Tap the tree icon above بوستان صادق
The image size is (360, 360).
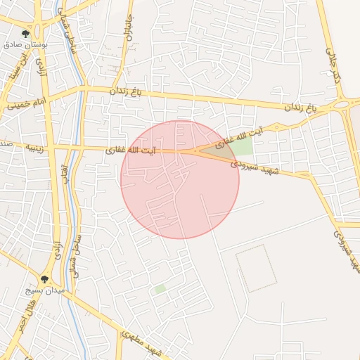[x=26, y=33]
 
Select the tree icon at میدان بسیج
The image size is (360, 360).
[x=44, y=279]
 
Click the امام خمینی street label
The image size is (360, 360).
[x=27, y=103]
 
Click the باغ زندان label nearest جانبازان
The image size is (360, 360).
[x=127, y=91]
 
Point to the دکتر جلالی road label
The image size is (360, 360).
[x=333, y=65]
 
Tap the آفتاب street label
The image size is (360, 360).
[x=64, y=175]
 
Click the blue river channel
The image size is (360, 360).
[x=76, y=211]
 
